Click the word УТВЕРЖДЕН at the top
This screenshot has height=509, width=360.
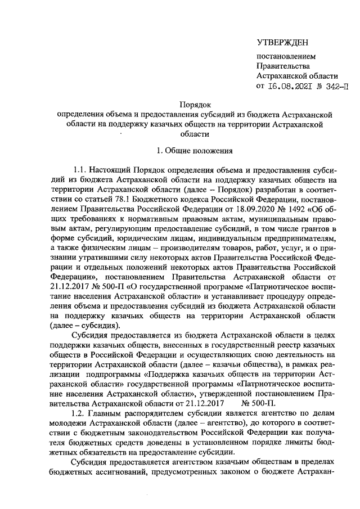pyautogui.click(x=282, y=43)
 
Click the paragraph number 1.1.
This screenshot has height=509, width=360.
pyautogui.click(x=82, y=169)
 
